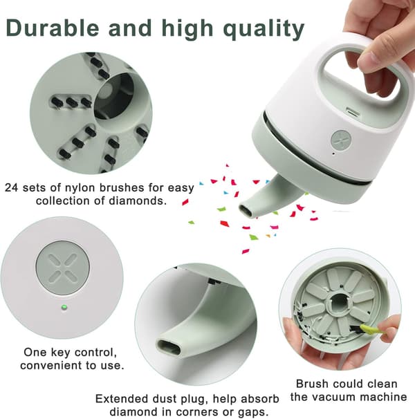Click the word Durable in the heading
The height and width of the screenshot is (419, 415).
tap(52, 28)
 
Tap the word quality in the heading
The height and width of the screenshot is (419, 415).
tap(264, 30)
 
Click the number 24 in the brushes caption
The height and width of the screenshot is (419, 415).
tap(12, 187)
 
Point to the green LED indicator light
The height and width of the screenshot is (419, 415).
tap(64, 307)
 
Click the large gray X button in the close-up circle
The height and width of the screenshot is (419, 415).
tap(62, 268)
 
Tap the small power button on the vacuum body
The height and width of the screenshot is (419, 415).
tap(340, 140)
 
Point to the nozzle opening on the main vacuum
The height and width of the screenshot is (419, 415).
tap(246, 210)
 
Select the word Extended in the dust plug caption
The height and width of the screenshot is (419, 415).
tap(122, 399)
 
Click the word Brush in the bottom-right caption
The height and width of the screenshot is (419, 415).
tap(311, 384)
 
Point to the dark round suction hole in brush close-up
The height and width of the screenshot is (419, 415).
tap(114, 99)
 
